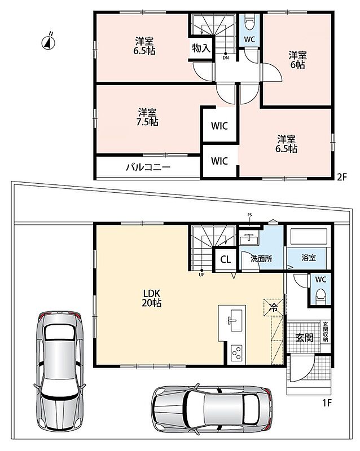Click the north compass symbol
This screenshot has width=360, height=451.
point(49,42)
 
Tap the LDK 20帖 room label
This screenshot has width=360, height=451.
point(151,298)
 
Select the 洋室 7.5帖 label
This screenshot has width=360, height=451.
point(147,117)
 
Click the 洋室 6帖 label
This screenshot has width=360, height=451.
point(297,60)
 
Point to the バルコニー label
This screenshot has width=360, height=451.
point(148,167)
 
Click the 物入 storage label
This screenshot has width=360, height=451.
point(201,48)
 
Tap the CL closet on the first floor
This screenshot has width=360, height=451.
point(226,260)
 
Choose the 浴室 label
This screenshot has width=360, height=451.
point(309,258)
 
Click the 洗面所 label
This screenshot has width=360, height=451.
point(261,259)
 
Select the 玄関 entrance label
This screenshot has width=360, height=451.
point(304,338)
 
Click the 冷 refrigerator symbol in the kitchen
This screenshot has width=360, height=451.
point(273,308)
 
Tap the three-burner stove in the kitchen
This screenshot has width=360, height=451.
point(238,353)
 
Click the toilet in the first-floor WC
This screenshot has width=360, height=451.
point(321,297)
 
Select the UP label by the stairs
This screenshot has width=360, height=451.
point(201,275)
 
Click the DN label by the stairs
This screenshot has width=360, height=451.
point(226,58)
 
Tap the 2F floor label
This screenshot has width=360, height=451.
point(342,176)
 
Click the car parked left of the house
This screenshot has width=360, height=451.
point(59,371)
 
